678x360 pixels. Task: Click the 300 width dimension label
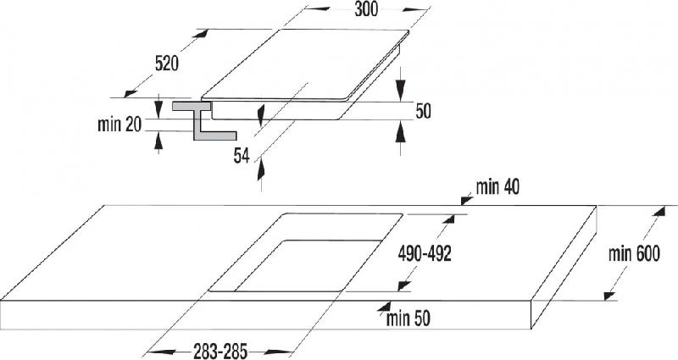(366, 9)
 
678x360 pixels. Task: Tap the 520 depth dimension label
(167, 64)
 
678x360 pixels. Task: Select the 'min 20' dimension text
(119, 125)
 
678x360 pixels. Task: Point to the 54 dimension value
(242, 156)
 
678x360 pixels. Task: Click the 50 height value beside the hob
(423, 111)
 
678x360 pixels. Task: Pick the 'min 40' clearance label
(497, 187)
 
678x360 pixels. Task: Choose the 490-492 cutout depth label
(425, 253)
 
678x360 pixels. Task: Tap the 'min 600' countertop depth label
(634, 253)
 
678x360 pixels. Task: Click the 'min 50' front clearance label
(408, 319)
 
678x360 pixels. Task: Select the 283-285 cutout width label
(220, 352)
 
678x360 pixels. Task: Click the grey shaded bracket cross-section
(203, 120)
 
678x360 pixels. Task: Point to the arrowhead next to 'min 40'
(467, 200)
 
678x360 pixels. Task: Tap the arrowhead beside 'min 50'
(383, 307)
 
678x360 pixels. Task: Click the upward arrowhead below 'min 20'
(158, 141)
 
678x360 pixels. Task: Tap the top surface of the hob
(305, 64)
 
